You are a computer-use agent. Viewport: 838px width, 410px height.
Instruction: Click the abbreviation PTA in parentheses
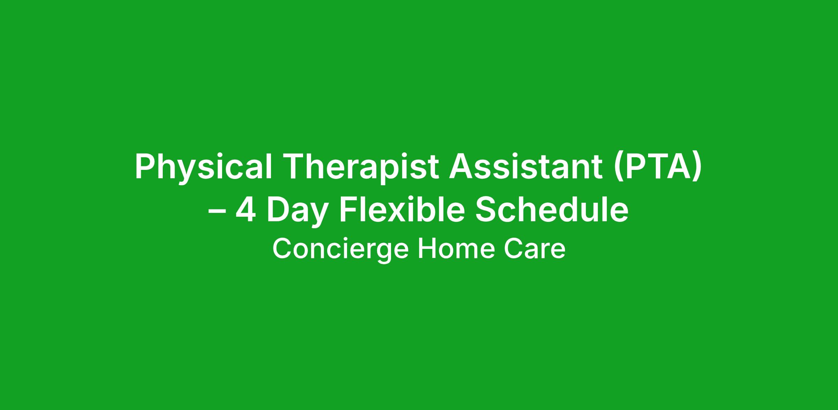[x=658, y=167]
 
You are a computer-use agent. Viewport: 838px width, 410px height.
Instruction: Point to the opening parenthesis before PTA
[x=619, y=168]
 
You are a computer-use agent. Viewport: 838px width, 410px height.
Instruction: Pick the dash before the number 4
[x=217, y=213]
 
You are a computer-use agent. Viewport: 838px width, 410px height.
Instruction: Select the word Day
[x=297, y=212]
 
